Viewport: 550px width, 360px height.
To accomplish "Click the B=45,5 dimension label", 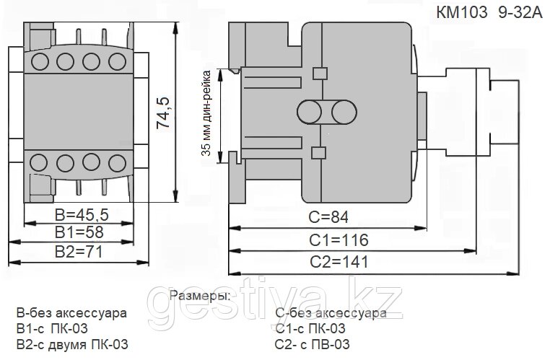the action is click(82, 214).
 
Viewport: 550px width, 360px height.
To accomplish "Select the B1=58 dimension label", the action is click(79, 232).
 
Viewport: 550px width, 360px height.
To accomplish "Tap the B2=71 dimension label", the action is click(79, 252).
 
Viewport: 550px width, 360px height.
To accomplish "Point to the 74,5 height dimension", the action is click(162, 113).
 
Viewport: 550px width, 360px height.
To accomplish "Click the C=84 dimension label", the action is click(328, 217).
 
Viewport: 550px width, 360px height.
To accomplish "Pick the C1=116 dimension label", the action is click(339, 240).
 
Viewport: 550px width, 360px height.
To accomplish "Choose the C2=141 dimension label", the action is click(339, 262).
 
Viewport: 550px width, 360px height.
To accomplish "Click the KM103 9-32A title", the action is click(489, 13).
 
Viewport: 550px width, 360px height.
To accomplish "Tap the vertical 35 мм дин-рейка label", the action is click(206, 113).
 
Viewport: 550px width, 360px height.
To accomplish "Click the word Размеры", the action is click(200, 297).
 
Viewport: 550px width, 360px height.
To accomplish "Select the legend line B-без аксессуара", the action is click(71, 312).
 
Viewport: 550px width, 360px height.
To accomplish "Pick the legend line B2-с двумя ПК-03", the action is click(72, 345).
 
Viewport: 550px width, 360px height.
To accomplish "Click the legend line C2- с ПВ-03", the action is click(313, 345).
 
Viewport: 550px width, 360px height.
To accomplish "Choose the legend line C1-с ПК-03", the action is click(310, 328).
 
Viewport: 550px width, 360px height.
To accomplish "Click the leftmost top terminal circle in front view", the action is click(39, 61).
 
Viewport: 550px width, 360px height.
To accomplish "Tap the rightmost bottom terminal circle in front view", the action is click(117, 163).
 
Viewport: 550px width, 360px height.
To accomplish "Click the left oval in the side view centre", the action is click(310, 112).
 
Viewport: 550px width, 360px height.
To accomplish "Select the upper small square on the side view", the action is click(320, 74).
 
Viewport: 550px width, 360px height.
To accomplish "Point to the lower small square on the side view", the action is click(319, 153).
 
